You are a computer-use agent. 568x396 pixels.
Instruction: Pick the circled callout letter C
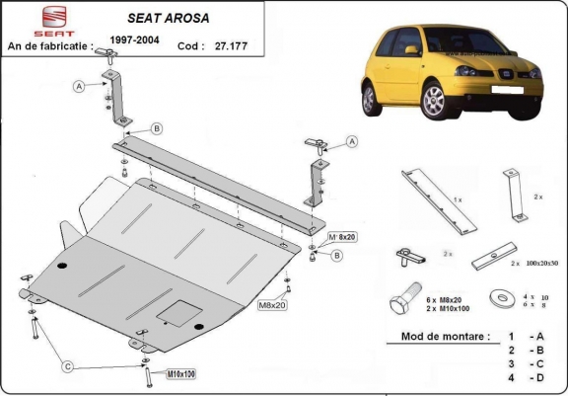pyautogui.click(x=68, y=367)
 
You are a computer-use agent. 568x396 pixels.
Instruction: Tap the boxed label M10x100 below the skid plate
pyautogui.click(x=153, y=373)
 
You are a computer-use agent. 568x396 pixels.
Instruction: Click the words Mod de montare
pyautogui.click(x=445, y=337)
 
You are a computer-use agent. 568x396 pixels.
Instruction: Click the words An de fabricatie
pyautogui.click(x=49, y=45)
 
